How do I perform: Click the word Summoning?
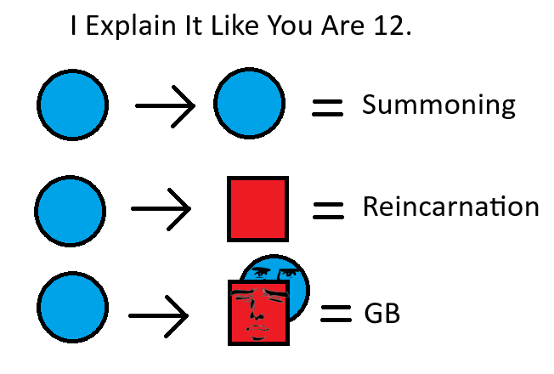click(x=438, y=105)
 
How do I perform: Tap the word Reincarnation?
click(x=450, y=207)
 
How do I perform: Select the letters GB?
click(x=382, y=314)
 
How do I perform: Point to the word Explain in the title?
click(x=121, y=28)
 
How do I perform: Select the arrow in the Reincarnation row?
click(x=161, y=208)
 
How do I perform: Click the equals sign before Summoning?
click(x=327, y=107)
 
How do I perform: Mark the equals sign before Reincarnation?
click(x=328, y=209)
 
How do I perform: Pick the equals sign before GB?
click(x=336, y=314)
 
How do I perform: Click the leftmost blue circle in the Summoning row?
click(x=72, y=105)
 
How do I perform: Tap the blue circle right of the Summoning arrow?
click(x=249, y=105)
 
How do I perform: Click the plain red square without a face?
click(x=257, y=208)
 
